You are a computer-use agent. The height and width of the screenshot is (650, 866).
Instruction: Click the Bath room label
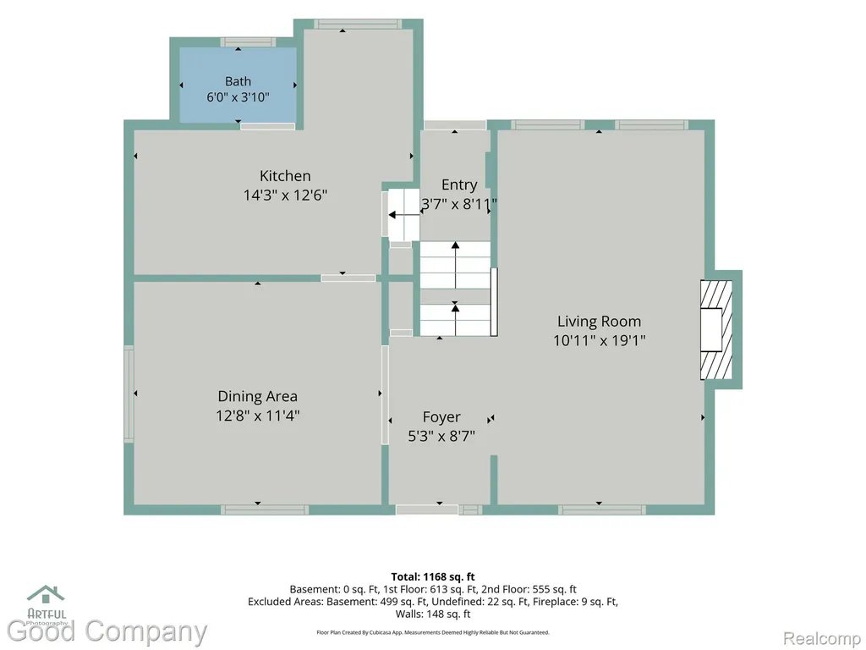coord(238,81)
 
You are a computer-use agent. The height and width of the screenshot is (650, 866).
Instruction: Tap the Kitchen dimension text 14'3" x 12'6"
coord(286,196)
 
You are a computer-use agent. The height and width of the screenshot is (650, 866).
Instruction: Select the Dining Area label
coord(257,396)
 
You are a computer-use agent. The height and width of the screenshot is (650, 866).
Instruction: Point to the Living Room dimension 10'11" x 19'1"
coord(600,340)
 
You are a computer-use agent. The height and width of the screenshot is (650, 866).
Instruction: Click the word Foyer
coord(441,417)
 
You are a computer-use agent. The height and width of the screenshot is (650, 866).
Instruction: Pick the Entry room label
coord(459,185)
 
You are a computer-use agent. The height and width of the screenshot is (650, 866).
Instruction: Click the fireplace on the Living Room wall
coord(716,329)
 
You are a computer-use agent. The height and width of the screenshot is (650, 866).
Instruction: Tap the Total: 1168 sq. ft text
coord(433,577)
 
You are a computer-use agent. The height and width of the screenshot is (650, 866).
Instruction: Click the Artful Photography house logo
coord(47,595)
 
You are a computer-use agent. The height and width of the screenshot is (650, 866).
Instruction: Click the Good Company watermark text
coord(107,631)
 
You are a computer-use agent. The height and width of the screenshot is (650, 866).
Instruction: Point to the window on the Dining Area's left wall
coord(129,394)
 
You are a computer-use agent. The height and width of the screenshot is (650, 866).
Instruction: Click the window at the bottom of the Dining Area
coord(265,510)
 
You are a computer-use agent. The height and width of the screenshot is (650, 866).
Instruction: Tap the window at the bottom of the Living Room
coord(601,510)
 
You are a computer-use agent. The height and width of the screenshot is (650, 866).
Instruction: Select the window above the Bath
coord(248,42)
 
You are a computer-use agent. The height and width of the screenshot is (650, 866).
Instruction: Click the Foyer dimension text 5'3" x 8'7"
coord(441,436)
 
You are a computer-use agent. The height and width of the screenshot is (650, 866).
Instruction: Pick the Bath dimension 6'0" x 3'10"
coord(238,97)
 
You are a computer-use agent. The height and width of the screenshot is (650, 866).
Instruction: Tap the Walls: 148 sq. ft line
coord(433,614)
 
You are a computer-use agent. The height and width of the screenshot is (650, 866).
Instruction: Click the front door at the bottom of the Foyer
coord(427,510)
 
